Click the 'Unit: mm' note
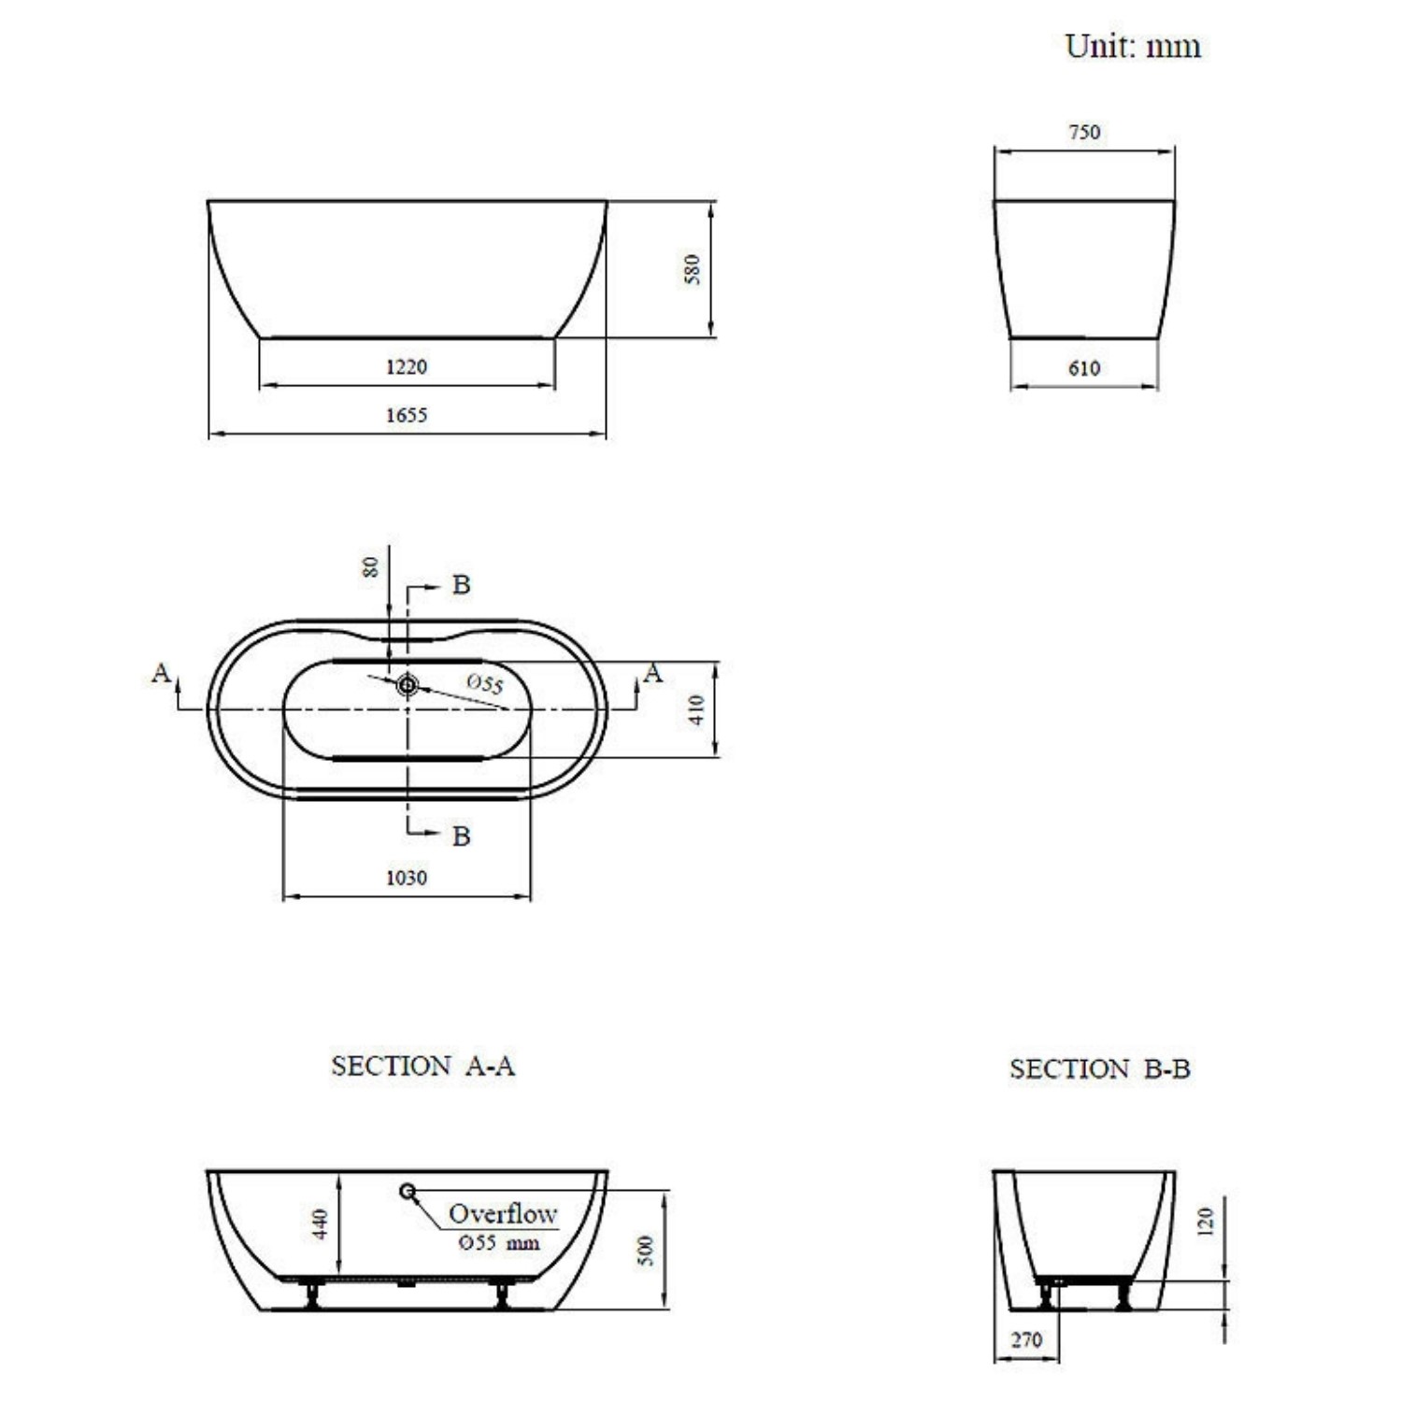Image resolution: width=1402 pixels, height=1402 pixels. point(1133,46)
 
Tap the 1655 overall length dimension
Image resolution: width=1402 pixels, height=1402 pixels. point(407,415)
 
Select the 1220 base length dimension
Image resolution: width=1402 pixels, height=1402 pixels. point(407,366)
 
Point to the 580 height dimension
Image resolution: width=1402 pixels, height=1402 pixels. point(693,269)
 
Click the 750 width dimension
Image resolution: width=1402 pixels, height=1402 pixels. point(1084,133)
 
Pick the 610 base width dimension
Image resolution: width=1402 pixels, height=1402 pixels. point(1084,368)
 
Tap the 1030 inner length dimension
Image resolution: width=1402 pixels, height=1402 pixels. point(407,878)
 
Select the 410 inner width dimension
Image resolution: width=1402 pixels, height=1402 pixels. point(696,709)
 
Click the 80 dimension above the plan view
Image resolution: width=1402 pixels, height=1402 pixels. point(372,566)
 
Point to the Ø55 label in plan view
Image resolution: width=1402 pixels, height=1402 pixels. point(485,683)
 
